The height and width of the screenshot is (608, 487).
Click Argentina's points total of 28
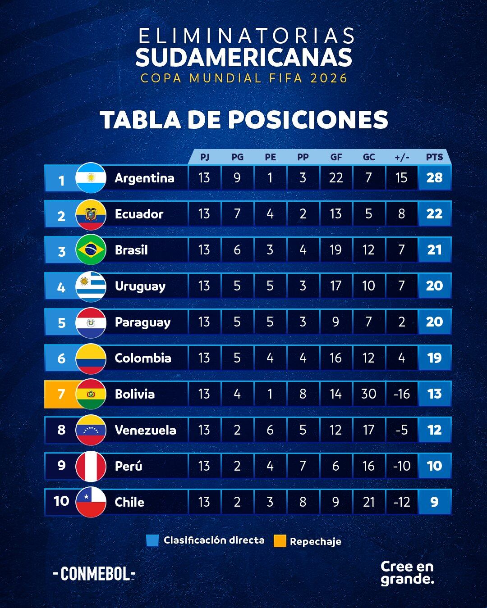click(x=434, y=178)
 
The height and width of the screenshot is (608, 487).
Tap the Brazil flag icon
click(x=91, y=250)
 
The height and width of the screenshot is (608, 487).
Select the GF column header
click(x=336, y=157)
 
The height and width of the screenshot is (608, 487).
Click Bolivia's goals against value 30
click(x=368, y=394)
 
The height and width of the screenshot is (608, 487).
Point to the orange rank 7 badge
click(x=61, y=394)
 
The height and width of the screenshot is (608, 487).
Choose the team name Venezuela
click(x=145, y=430)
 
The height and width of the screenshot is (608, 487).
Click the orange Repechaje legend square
click(x=280, y=541)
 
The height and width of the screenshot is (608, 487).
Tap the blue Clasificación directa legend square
click(x=152, y=540)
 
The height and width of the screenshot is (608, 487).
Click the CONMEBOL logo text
click(x=94, y=574)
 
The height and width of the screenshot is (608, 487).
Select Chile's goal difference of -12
click(x=401, y=502)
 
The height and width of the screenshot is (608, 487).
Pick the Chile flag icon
click(x=91, y=502)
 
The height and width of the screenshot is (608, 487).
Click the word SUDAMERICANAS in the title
click(x=243, y=58)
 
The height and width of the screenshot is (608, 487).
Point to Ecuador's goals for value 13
click(x=335, y=214)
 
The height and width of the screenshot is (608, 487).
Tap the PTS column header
click(x=434, y=157)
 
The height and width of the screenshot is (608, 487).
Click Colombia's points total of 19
click(x=434, y=358)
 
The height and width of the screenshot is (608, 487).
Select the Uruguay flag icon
click(x=91, y=286)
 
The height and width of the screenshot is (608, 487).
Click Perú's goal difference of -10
click(x=401, y=466)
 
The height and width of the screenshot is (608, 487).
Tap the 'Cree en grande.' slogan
click(x=407, y=572)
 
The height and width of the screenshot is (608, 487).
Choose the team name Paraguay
click(x=142, y=322)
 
